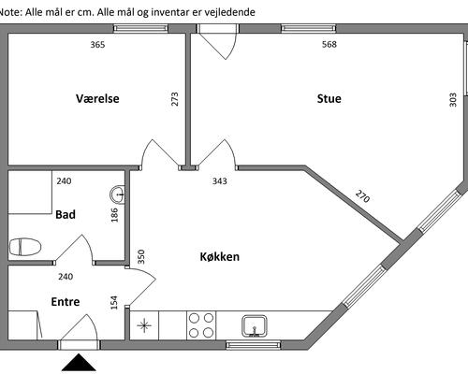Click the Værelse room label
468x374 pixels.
[97, 98]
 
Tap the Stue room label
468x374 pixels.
[329, 98]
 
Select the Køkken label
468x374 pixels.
[220, 256]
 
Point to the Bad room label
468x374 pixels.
[66, 214]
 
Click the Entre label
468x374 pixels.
[66, 302]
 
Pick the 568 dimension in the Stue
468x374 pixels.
[329, 44]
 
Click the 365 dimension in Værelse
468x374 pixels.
[97, 45]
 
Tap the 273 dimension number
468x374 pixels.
[175, 99]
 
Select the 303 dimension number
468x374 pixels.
[453, 100]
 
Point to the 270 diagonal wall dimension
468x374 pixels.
[362, 196]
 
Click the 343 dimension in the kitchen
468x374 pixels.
[220, 180]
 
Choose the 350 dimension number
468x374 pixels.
[141, 256]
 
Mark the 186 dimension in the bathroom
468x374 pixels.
[114, 215]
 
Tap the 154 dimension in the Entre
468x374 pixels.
[114, 303]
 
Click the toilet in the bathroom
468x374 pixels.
[25, 247]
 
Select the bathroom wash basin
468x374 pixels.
[118, 194]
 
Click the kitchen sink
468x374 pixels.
[255, 326]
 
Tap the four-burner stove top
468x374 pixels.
[201, 325]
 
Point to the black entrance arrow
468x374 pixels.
[79, 362]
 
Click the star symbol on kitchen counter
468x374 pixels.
[144, 326]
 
